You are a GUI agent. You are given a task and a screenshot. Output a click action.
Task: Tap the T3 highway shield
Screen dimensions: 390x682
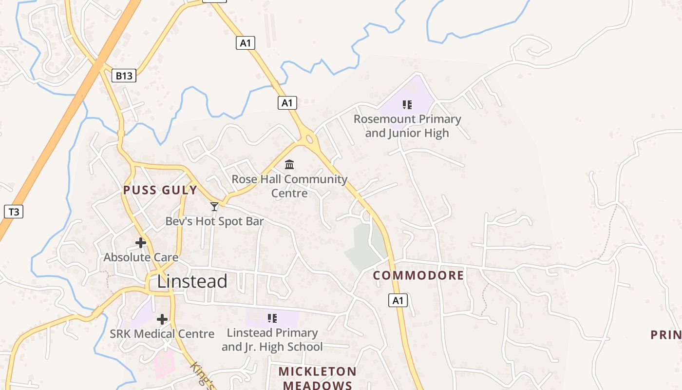[14, 212]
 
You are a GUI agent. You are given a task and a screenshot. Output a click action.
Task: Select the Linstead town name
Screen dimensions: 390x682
[192, 281]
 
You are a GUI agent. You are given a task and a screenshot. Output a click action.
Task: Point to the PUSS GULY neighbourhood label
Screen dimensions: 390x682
[160, 190]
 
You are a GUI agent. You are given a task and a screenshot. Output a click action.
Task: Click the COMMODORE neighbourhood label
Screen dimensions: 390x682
[418, 275]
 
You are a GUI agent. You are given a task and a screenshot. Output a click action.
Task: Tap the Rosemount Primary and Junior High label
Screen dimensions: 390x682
[407, 126]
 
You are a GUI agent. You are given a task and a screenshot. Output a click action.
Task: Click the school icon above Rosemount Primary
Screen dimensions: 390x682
[407, 104]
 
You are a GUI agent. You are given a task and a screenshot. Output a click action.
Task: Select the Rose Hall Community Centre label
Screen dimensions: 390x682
[289, 186]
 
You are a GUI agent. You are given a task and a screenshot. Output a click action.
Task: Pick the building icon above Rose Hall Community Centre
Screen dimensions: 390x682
[289, 164]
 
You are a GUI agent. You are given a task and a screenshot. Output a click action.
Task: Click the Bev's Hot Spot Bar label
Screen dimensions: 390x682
[214, 221]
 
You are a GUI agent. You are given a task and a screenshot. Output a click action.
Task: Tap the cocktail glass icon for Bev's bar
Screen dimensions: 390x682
[214, 207]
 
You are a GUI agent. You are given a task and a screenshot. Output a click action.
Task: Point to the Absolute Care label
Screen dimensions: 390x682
[141, 257]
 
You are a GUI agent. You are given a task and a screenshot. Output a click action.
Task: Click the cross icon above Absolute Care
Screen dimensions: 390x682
[141, 242]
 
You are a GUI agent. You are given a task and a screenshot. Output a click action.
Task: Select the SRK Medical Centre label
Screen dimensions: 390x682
[162, 334]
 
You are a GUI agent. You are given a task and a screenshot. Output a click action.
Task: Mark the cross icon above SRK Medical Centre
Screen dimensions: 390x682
[162, 319]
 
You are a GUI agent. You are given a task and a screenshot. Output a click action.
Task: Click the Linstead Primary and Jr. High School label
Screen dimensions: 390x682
[272, 340]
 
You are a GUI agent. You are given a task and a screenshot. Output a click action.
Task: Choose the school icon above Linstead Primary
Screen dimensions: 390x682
[272, 318]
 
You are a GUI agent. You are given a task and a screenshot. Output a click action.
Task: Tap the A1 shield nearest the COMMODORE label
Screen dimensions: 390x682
[398, 300]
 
